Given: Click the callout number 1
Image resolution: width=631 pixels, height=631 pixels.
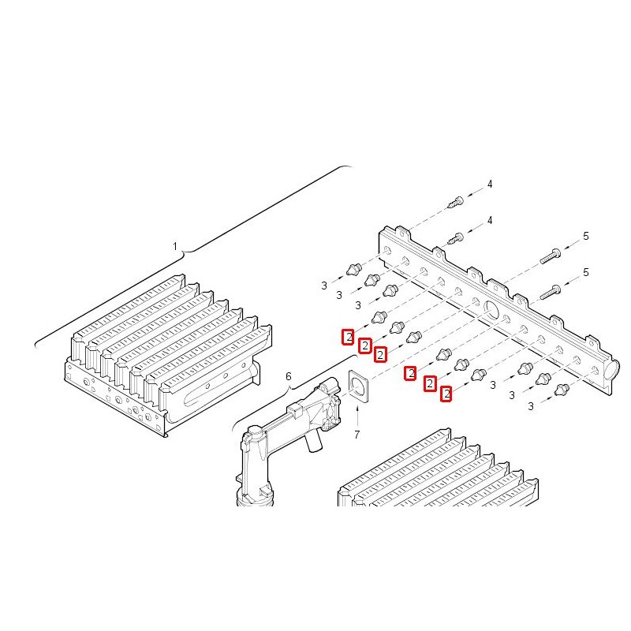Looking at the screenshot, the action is pos(174,246).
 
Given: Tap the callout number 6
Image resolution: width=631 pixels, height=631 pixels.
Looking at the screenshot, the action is pos(288,376).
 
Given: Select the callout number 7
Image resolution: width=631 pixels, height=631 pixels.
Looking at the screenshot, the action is pos(357,435).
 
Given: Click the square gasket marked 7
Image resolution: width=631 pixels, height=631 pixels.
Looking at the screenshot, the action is pos(358,386).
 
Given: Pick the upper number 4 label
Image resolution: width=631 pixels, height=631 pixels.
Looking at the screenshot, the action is pos(490,184).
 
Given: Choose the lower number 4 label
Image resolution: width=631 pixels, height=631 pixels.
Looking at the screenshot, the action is pos(490,220).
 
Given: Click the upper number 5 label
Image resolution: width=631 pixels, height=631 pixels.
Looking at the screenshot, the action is pos(586,236).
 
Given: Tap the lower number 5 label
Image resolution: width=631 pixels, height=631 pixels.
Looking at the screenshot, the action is pos(586,272).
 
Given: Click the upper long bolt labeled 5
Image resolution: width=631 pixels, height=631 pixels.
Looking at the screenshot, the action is pos(550,256).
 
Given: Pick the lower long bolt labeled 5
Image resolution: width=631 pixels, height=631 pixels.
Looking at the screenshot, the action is pos(550,293).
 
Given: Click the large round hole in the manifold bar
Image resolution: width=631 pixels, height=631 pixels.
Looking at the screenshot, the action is pos(491,309).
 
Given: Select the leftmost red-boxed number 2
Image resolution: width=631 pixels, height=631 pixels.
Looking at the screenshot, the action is pos(348,337).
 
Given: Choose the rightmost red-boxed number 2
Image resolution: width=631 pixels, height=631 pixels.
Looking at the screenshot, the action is pos(446,394).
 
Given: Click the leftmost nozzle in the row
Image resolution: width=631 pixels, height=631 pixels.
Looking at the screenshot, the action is pos(353,269).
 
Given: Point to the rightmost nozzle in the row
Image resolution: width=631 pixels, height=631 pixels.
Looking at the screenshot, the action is pos(562,390).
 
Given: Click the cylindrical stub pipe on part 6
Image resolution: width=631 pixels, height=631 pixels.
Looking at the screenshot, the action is pos(312,442).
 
